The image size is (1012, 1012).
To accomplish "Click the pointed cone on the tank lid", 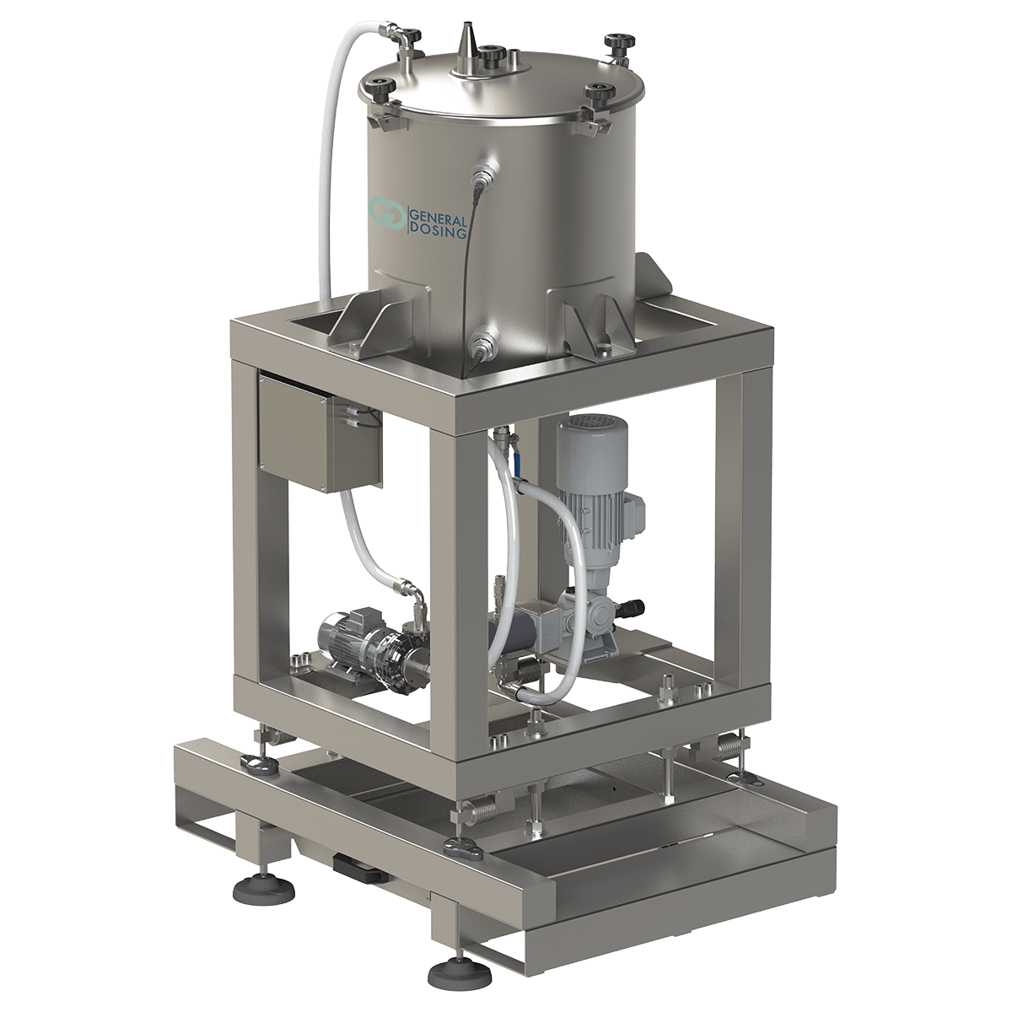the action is pyautogui.click(x=466, y=51).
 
